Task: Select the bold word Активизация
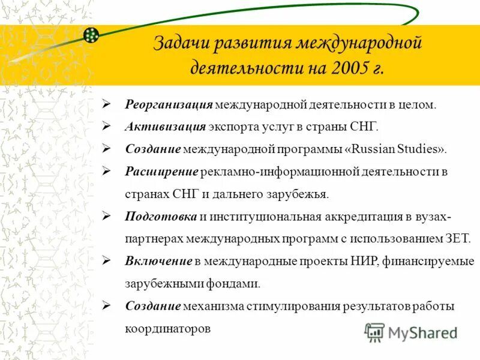click(166, 127)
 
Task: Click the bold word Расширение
click(161, 172)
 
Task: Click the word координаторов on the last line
click(168, 329)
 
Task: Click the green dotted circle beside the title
click(91, 35)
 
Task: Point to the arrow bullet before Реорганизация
click(106, 105)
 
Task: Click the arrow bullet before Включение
click(106, 261)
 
